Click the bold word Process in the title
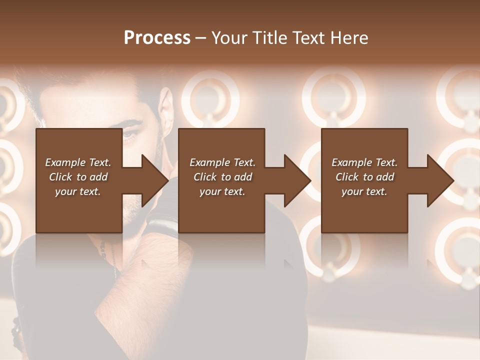pyautogui.click(x=157, y=38)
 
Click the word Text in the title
pyautogui.click(x=309, y=38)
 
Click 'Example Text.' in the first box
pyautogui.click(x=78, y=162)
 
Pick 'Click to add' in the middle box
pyautogui.click(x=222, y=177)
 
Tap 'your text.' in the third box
pyautogui.click(x=364, y=191)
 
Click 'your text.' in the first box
pyautogui.click(x=78, y=191)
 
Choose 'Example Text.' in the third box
pyautogui.click(x=364, y=162)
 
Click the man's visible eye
pyautogui.click(x=129, y=133)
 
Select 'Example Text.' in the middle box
pyautogui.click(x=222, y=162)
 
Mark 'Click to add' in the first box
pyautogui.click(x=78, y=177)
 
